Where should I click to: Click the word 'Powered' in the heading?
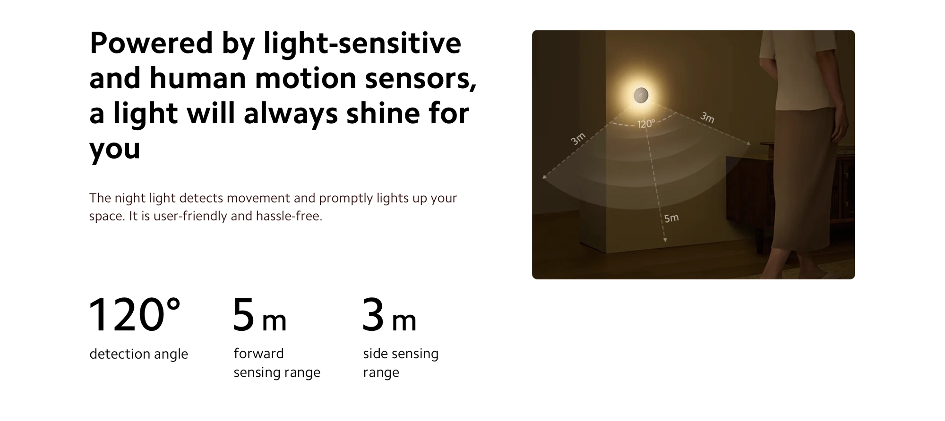point(151,43)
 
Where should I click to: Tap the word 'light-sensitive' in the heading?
point(362,43)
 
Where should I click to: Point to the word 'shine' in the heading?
point(379,113)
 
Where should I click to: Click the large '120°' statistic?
point(135,315)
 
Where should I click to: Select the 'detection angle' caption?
point(138,354)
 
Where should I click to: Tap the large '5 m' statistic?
point(259,315)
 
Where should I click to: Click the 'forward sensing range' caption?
point(277,363)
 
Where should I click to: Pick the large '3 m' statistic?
point(389,315)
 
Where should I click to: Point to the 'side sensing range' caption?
point(401,363)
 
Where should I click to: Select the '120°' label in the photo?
point(646,124)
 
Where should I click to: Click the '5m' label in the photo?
point(671,218)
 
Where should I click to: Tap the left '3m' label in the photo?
point(578,139)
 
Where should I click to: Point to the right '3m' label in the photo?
point(707,117)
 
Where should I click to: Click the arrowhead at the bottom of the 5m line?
point(665,240)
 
